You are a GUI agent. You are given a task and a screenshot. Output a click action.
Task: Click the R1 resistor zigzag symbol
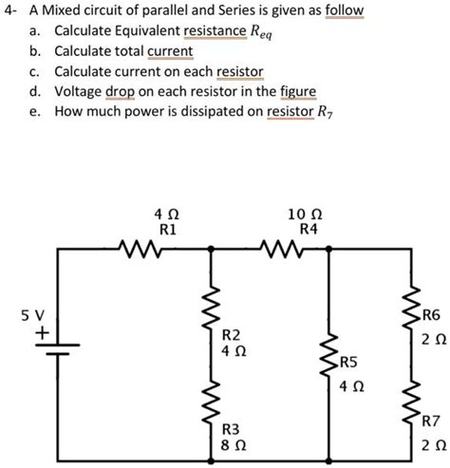(x=140, y=249)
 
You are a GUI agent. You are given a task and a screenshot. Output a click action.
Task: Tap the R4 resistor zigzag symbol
(x=281, y=249)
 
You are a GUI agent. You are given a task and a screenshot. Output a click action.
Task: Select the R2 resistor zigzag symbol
(x=212, y=308)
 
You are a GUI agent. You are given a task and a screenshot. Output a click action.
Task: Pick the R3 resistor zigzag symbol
(x=212, y=402)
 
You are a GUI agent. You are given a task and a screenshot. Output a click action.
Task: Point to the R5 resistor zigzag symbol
(x=329, y=354)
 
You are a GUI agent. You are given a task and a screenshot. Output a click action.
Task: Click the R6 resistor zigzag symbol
(x=411, y=308)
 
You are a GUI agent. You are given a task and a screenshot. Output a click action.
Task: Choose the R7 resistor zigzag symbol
(x=411, y=402)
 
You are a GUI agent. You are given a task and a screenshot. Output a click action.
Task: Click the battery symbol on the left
(x=58, y=349)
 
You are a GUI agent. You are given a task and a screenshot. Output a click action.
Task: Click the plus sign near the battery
(x=42, y=333)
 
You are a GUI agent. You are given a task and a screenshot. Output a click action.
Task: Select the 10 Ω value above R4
(x=305, y=215)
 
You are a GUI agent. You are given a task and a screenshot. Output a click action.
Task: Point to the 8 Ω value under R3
(x=234, y=445)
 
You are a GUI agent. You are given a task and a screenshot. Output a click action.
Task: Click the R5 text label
(x=348, y=363)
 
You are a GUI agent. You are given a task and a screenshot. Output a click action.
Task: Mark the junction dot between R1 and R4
(x=211, y=250)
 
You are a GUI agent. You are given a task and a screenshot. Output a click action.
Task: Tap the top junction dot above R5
(x=329, y=250)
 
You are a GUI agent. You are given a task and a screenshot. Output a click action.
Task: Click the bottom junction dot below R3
(x=211, y=460)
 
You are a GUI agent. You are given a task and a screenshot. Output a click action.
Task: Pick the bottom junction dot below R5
(x=329, y=460)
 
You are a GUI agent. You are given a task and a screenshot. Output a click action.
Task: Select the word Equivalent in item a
(x=148, y=31)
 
